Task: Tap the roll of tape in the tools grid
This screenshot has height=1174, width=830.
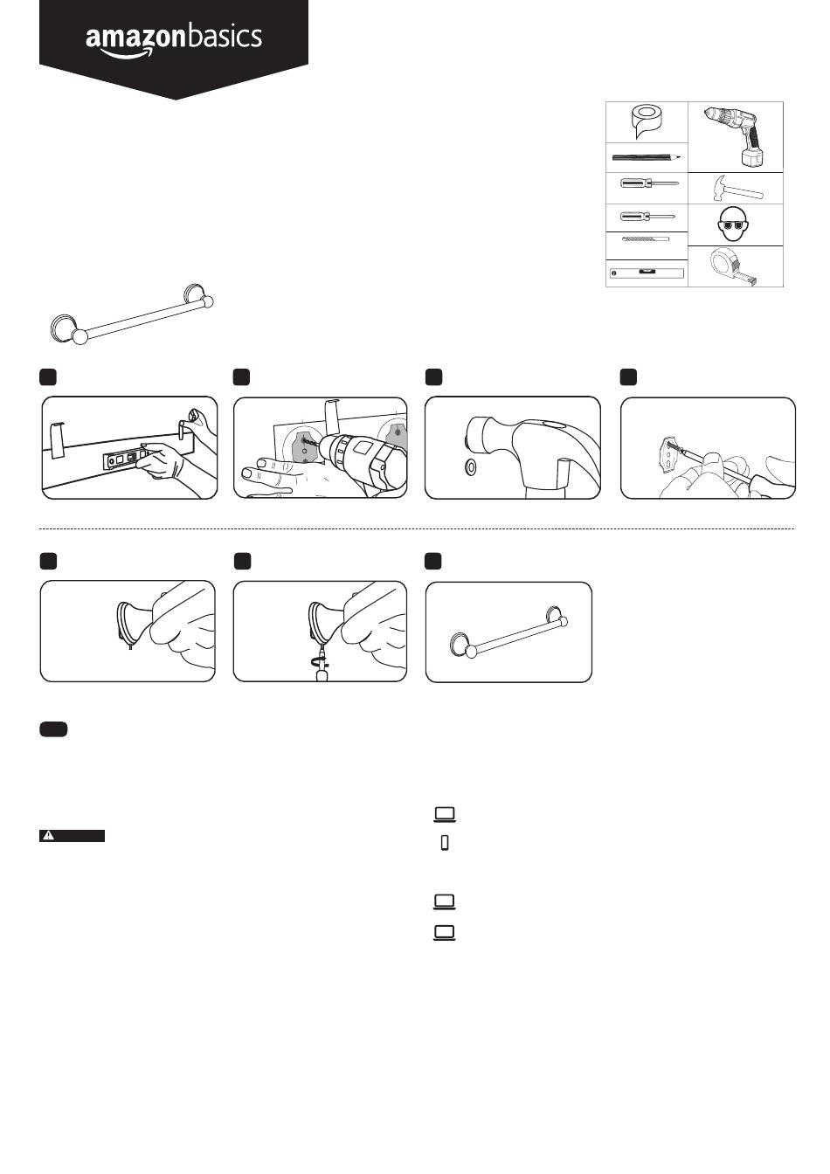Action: [646, 121]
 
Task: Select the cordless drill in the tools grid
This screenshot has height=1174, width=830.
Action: [735, 135]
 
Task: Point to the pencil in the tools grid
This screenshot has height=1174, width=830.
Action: [646, 158]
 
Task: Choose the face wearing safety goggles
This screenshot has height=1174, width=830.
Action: [735, 224]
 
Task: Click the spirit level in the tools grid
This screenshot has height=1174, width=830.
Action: [646, 273]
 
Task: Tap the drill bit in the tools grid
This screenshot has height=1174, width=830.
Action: [646, 238]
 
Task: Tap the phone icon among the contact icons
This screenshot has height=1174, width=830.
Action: [445, 843]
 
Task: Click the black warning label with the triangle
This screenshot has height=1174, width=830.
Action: [72, 836]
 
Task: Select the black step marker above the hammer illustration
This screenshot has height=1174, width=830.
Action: [434, 376]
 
